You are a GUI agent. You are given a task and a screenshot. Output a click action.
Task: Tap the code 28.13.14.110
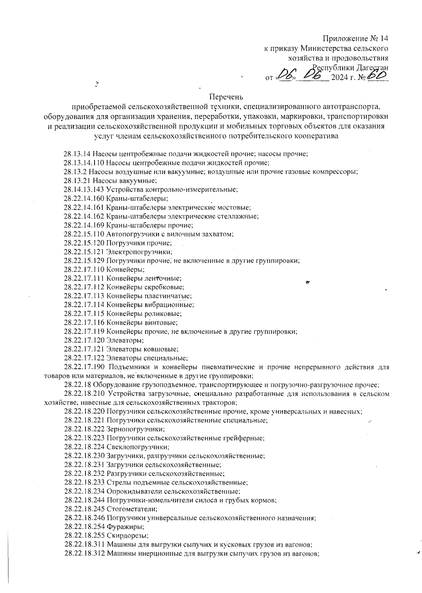click(83, 163)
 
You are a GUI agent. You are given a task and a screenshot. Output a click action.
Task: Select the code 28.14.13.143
click(83, 189)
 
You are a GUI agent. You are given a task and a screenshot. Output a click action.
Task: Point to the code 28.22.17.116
click(84, 322)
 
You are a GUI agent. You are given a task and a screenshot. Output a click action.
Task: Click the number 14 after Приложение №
click(384, 38)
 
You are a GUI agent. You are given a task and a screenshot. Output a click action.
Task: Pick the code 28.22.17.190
click(84, 367)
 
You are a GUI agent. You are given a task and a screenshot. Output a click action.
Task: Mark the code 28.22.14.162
click(84, 216)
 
